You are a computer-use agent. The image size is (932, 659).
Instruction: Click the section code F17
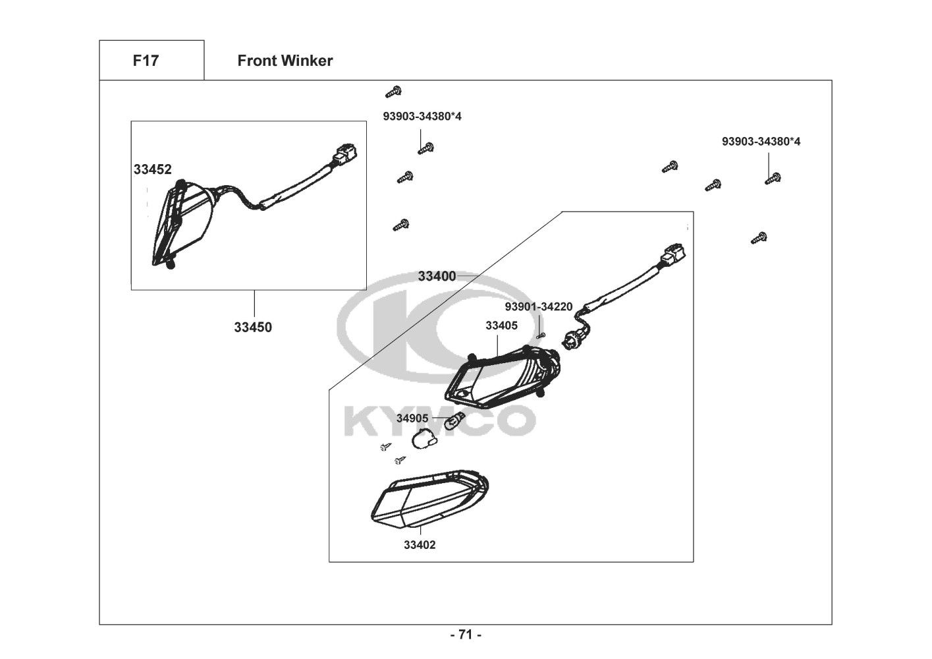pos(146,61)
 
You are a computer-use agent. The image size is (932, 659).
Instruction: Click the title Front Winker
pos(285,61)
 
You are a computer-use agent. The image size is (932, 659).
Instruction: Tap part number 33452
pos(152,169)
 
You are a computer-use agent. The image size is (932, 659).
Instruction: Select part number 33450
pos(253,328)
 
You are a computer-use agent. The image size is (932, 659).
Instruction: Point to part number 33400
pos(437,276)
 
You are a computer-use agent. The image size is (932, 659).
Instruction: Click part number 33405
pos(501,326)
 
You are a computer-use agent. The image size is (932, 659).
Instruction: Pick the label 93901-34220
pos(539,307)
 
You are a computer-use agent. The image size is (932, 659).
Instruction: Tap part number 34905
pos(412,418)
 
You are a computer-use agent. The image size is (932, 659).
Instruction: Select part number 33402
pos(420,545)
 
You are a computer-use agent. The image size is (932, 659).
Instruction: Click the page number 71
pos(466,635)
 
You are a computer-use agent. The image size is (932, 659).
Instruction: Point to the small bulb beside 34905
pos(454,420)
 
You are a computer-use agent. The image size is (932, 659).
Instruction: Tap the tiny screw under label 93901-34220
pos(541,335)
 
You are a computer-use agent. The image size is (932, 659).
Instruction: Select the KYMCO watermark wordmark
pos(440,422)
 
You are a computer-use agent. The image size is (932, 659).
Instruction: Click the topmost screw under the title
pos(393,92)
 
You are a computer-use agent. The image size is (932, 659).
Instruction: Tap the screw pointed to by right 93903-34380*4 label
pos(773,179)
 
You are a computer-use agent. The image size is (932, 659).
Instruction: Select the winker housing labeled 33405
pos(503,378)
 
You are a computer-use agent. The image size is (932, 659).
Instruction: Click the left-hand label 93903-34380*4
pos(422,116)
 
